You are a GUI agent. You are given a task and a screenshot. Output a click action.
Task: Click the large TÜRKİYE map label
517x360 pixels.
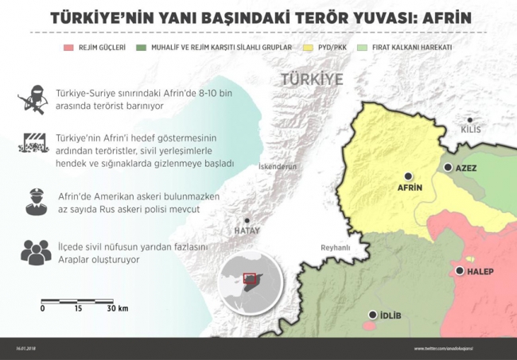[x=312, y=80]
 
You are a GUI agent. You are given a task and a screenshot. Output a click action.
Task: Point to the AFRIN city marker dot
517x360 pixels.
[x=408, y=176]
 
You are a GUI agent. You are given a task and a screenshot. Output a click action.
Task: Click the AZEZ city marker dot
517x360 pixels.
[x=449, y=168]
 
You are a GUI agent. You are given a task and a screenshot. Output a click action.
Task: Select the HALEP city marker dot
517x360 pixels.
[x=460, y=272]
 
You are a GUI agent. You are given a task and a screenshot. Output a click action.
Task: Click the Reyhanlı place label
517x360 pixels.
[x=336, y=248]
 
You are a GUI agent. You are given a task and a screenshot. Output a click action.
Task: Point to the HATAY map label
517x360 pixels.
[x=247, y=230]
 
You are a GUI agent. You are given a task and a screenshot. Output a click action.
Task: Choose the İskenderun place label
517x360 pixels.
[x=278, y=167]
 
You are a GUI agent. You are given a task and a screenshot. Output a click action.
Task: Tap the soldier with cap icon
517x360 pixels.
[x=33, y=201]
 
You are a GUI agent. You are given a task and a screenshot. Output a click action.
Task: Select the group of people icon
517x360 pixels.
[x=33, y=252]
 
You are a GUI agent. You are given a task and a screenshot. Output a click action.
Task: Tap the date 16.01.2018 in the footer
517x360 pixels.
[x=27, y=348]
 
